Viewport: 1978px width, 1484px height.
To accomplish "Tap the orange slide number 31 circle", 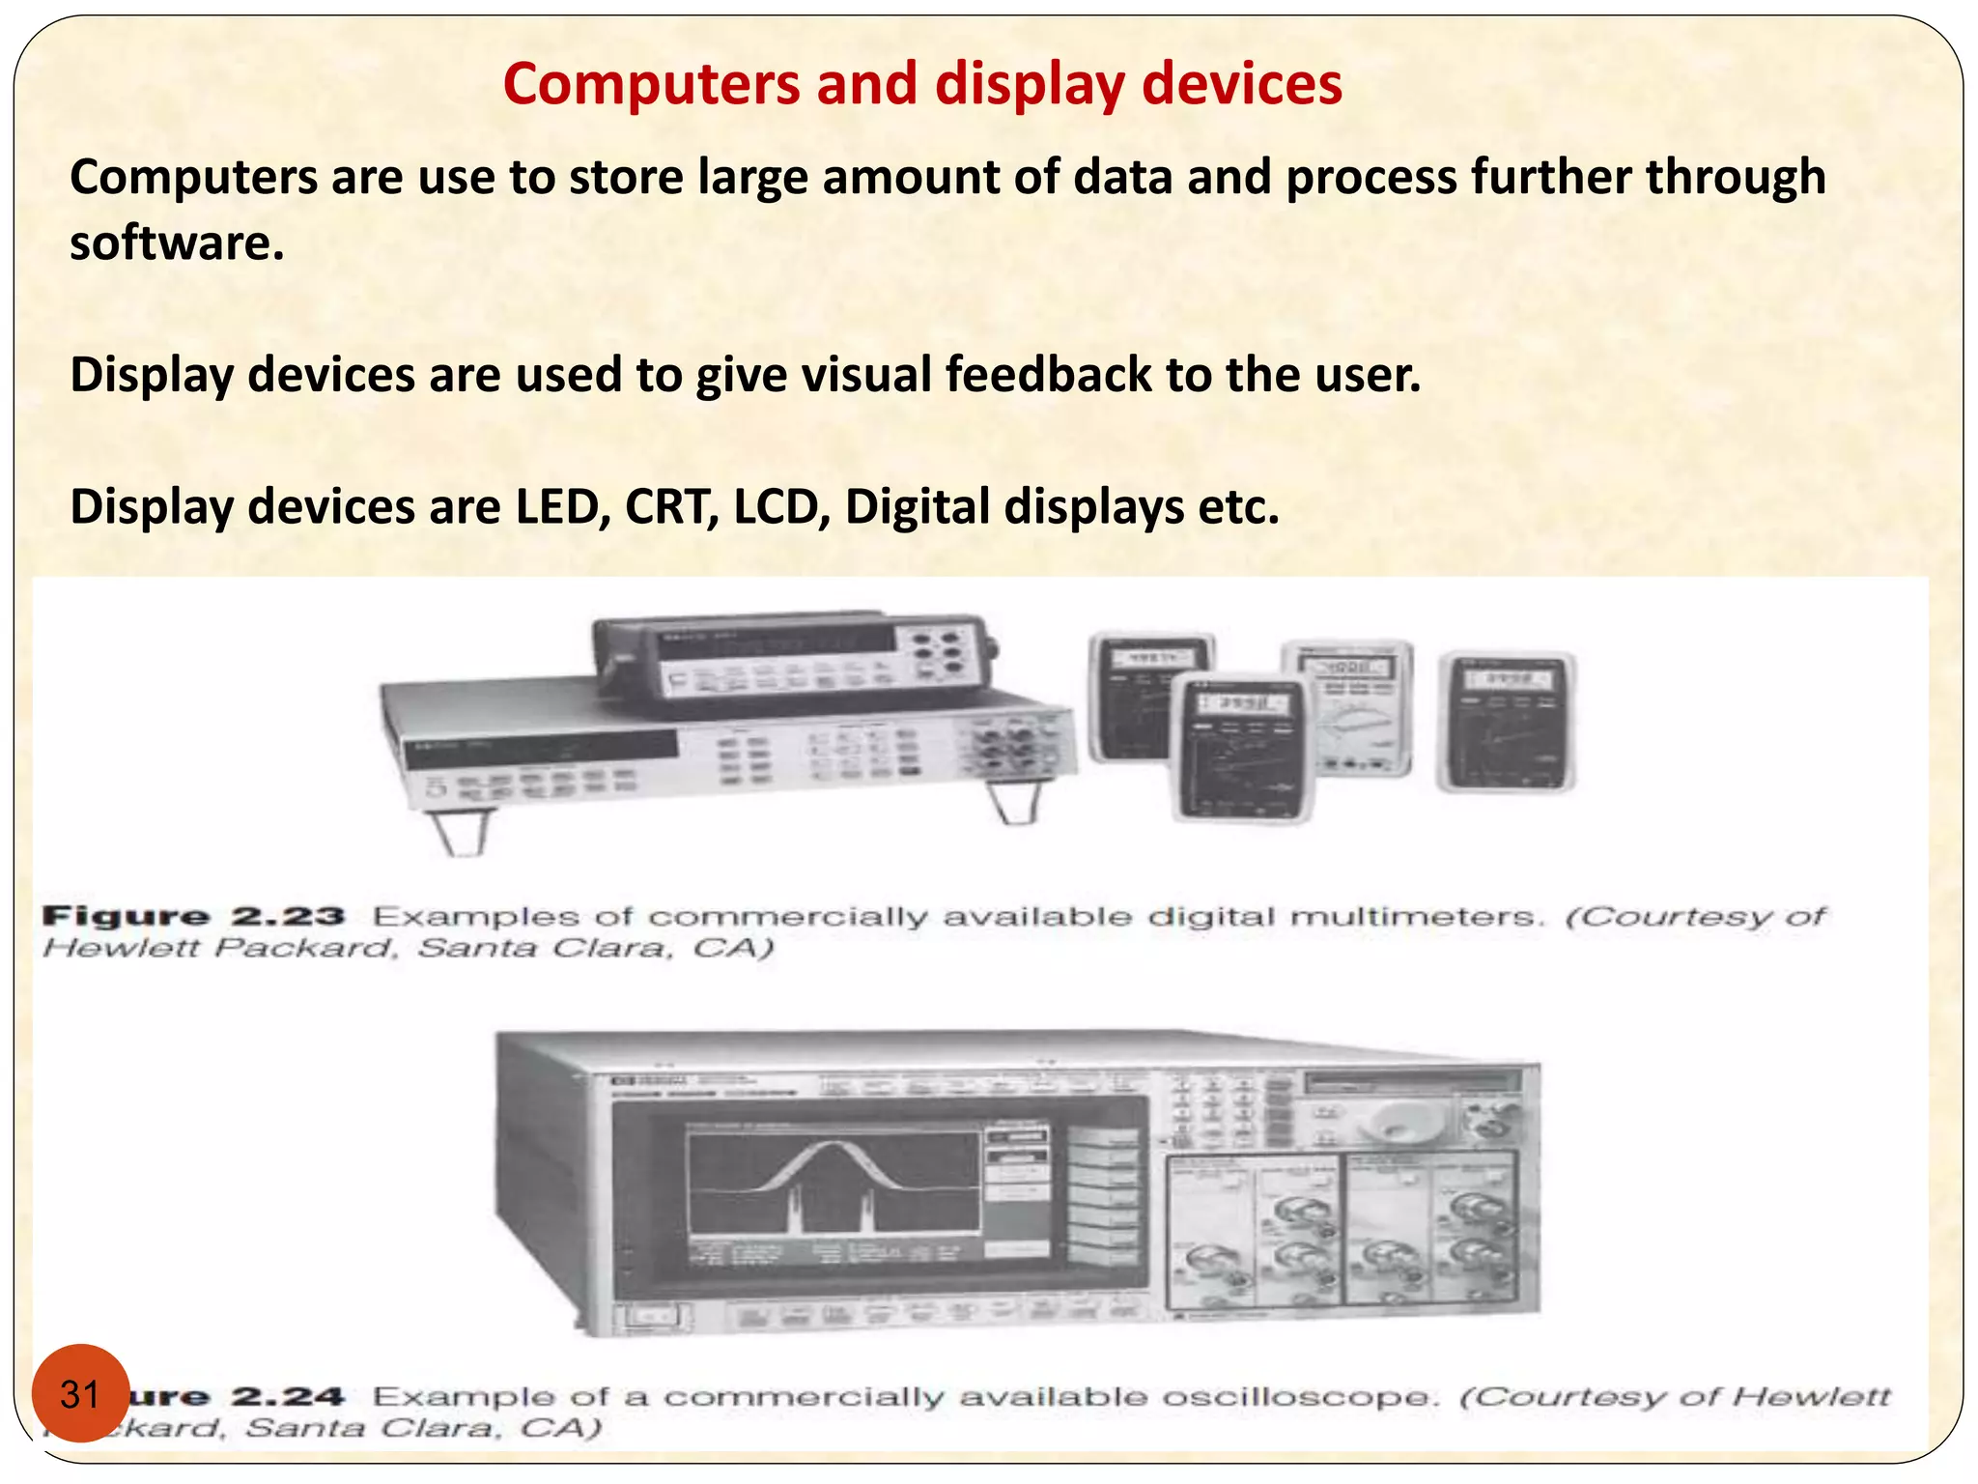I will [80, 1393].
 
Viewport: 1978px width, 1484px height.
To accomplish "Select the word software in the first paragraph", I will [177, 243].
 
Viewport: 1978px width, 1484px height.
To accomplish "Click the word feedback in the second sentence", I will [1048, 374].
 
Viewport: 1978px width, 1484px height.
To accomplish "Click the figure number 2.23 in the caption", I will [288, 916].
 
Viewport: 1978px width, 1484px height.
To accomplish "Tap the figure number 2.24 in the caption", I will [288, 1396].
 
